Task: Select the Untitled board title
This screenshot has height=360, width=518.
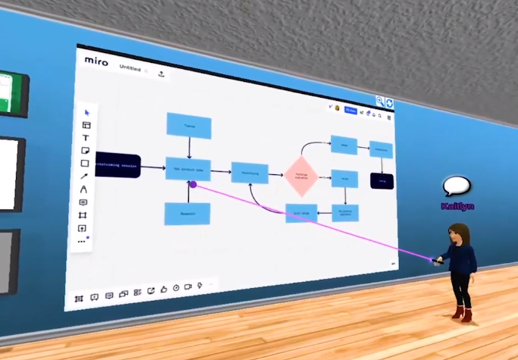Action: tap(130, 68)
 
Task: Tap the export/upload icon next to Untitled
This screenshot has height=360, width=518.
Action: tap(162, 74)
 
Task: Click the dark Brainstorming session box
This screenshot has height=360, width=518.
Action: tap(118, 164)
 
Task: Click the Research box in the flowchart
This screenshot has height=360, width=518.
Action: tap(187, 214)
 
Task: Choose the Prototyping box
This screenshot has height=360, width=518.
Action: tap(250, 173)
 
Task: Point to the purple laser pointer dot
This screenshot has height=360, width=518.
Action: tap(193, 184)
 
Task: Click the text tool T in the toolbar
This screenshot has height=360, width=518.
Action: tap(85, 138)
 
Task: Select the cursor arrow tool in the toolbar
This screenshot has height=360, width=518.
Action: tap(86, 113)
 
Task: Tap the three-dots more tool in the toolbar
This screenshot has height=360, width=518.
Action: tap(82, 240)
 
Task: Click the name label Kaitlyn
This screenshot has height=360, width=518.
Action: tap(457, 206)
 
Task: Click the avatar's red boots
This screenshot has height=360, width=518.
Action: tap(461, 313)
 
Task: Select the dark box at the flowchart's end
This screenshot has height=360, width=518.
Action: tap(382, 180)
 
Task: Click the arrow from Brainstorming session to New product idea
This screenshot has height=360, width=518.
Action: tap(153, 167)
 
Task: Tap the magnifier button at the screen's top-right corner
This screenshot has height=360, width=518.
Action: tap(381, 101)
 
